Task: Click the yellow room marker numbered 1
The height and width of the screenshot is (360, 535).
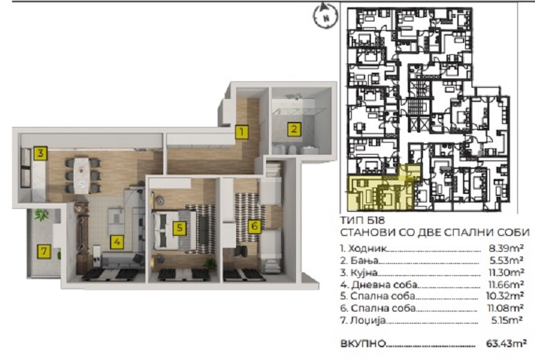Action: click(242, 132)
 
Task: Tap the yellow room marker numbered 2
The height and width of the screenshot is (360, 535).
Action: click(294, 130)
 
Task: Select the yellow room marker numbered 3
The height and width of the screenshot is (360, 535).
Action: click(40, 153)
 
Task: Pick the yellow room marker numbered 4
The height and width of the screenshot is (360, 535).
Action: click(117, 242)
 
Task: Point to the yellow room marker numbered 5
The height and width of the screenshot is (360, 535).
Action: click(180, 228)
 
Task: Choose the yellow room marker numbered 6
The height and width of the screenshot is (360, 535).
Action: click(254, 226)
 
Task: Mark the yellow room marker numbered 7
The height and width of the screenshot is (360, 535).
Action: click(44, 252)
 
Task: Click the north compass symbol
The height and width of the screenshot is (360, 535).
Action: click(325, 16)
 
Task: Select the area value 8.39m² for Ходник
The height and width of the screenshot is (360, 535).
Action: click(506, 248)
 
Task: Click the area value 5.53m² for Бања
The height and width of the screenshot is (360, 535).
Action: click(506, 260)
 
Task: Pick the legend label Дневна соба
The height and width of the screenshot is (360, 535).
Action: click(384, 284)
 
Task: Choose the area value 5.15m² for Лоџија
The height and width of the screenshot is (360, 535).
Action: click(506, 320)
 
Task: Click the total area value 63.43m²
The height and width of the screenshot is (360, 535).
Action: click(506, 344)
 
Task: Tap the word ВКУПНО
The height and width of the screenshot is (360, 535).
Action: click(363, 344)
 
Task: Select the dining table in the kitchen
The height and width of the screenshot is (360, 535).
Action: click(82, 175)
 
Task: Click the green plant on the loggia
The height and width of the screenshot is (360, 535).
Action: click(41, 215)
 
